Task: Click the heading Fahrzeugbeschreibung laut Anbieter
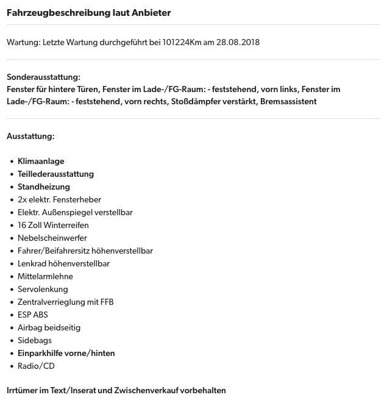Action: click(88, 13)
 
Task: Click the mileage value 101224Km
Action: click(182, 42)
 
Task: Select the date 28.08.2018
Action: click(238, 42)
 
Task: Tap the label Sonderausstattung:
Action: click(43, 77)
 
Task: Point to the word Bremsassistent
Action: click(288, 101)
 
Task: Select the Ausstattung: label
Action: click(30, 136)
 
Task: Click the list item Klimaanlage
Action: click(41, 162)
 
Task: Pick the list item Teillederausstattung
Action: click(55, 174)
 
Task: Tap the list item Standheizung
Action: click(44, 187)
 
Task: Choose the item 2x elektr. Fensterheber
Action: click(59, 200)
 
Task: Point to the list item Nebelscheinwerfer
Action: click(52, 238)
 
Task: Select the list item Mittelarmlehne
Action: click(45, 277)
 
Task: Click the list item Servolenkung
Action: click(43, 290)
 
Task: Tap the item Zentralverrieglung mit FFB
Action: click(65, 302)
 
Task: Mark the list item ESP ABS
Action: click(32, 315)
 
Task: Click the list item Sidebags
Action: click(35, 341)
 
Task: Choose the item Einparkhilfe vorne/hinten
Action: click(66, 354)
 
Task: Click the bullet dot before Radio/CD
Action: click(12, 366)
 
